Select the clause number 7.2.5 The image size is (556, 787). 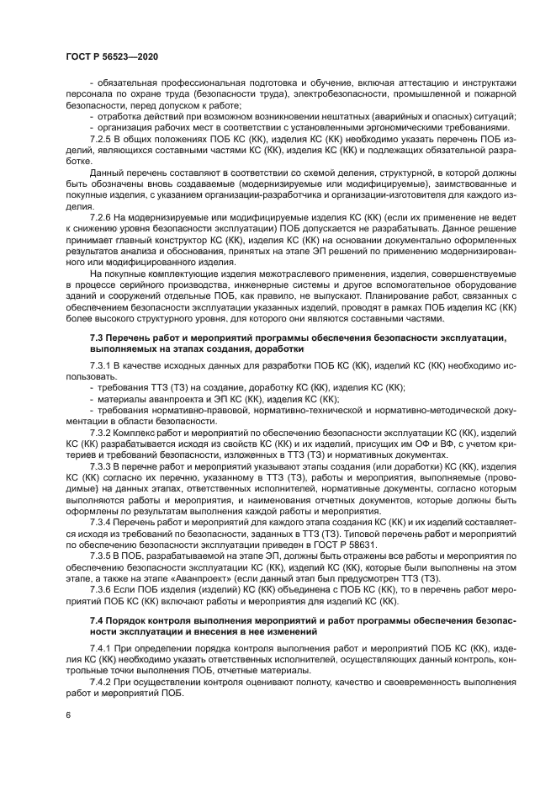click(x=102, y=136)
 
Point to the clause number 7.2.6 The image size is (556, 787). click(x=102, y=217)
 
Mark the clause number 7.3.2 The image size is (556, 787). click(x=102, y=431)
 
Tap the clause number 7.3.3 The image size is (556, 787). click(x=102, y=464)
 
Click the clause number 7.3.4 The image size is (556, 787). click(x=102, y=522)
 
